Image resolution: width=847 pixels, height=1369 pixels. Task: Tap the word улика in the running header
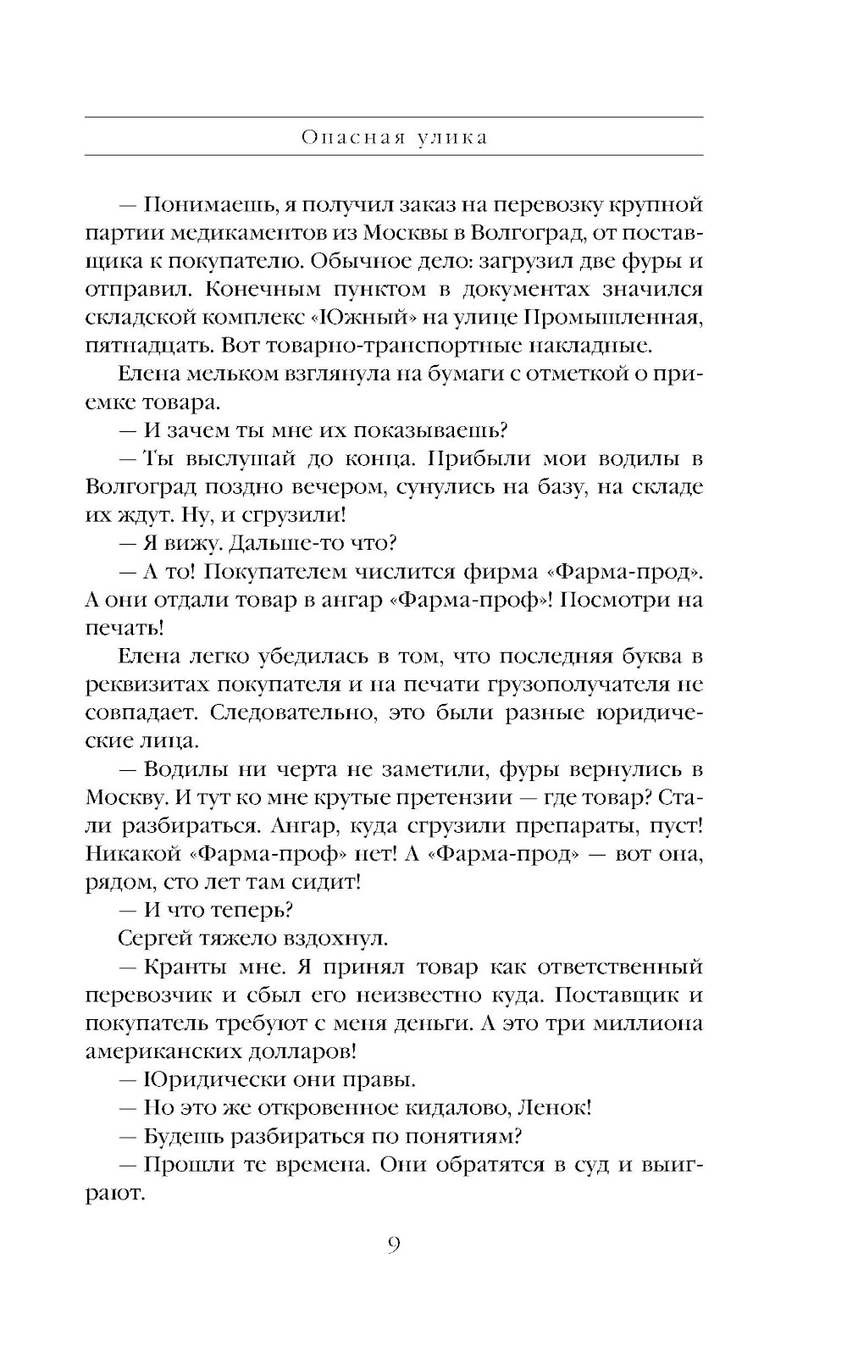453,137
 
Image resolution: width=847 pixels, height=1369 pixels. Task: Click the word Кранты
181,967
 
